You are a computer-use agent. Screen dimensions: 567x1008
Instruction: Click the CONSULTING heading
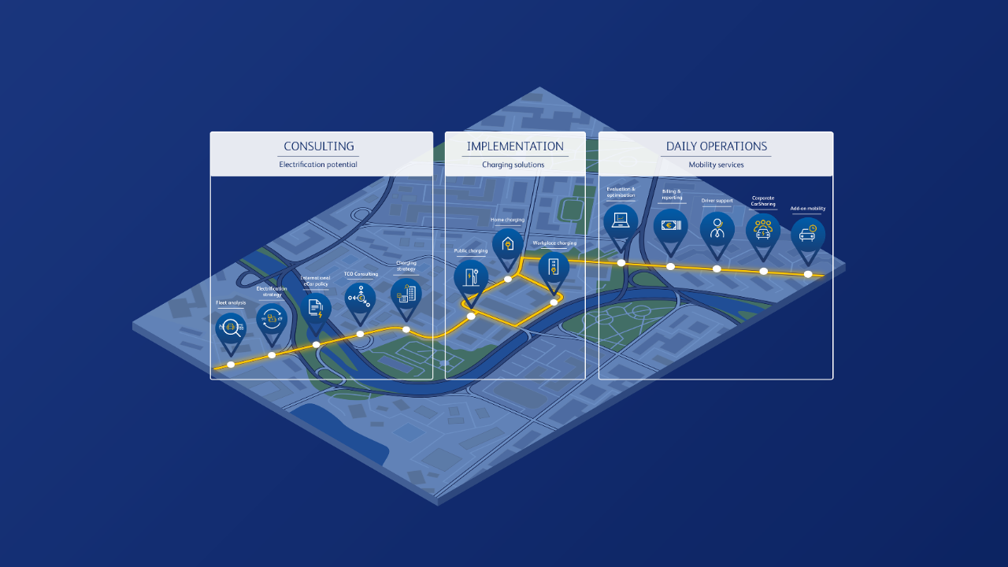pyautogui.click(x=319, y=146)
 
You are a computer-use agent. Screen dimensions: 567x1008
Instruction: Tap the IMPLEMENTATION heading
pyautogui.click(x=515, y=146)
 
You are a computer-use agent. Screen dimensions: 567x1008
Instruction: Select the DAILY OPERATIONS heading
pyautogui.click(x=716, y=146)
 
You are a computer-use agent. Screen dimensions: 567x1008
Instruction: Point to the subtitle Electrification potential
pyautogui.click(x=318, y=165)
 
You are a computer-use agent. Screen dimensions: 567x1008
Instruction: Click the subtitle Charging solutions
pyautogui.click(x=513, y=165)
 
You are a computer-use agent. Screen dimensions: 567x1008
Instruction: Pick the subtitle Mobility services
pyautogui.click(x=716, y=165)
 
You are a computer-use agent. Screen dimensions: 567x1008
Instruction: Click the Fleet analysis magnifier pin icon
pyautogui.click(x=231, y=328)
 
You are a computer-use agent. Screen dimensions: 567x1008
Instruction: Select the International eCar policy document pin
pyautogui.click(x=316, y=308)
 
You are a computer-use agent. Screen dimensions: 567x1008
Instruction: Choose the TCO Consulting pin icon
pyautogui.click(x=361, y=298)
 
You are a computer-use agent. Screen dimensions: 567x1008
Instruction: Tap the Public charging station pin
pyautogui.click(x=471, y=277)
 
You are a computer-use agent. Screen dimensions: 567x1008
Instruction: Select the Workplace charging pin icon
pyautogui.click(x=554, y=267)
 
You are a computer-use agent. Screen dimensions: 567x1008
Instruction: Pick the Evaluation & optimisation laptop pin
pyautogui.click(x=621, y=221)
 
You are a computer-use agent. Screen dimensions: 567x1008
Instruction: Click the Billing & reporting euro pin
pyautogui.click(x=671, y=226)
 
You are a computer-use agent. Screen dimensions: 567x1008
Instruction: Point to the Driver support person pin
pyautogui.click(x=717, y=229)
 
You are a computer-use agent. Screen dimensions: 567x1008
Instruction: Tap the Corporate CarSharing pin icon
pyautogui.click(x=763, y=231)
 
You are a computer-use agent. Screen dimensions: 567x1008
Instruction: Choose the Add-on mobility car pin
pyautogui.click(x=808, y=235)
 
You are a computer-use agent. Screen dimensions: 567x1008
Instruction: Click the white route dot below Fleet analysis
pyautogui.click(x=231, y=365)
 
